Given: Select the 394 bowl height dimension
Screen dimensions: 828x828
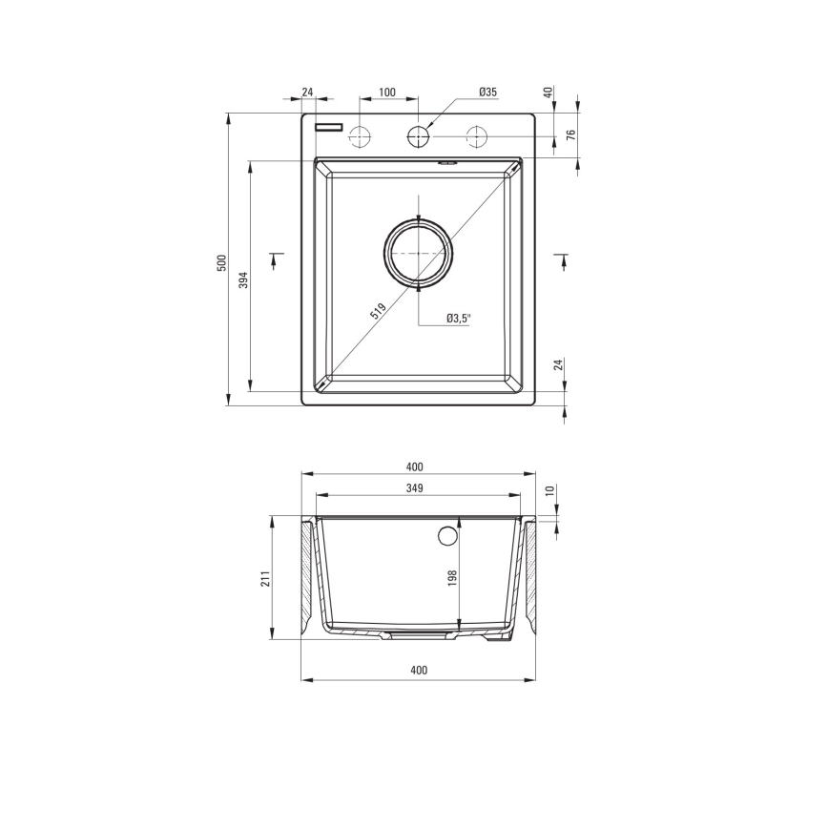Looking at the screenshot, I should coord(243,279).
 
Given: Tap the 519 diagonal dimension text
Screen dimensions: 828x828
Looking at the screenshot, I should coord(378,310).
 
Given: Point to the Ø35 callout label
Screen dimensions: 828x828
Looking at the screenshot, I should coord(487,92).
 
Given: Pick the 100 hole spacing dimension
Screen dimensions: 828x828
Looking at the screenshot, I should coord(387,92).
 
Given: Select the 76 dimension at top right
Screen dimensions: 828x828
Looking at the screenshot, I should coord(571,135).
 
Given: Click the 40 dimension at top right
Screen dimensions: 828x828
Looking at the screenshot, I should coord(549,93).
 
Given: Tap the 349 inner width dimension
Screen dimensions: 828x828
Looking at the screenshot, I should coord(414,487).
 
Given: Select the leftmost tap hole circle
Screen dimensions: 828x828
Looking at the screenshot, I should coord(360,136).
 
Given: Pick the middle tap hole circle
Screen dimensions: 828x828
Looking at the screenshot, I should coord(418,136).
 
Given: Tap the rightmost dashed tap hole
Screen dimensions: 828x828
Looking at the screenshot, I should coord(476,136).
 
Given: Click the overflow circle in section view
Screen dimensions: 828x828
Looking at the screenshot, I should coord(448,535).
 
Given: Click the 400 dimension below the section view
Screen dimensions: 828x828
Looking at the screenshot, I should coord(418,670).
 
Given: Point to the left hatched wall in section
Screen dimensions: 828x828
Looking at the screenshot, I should coord(308,577).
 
